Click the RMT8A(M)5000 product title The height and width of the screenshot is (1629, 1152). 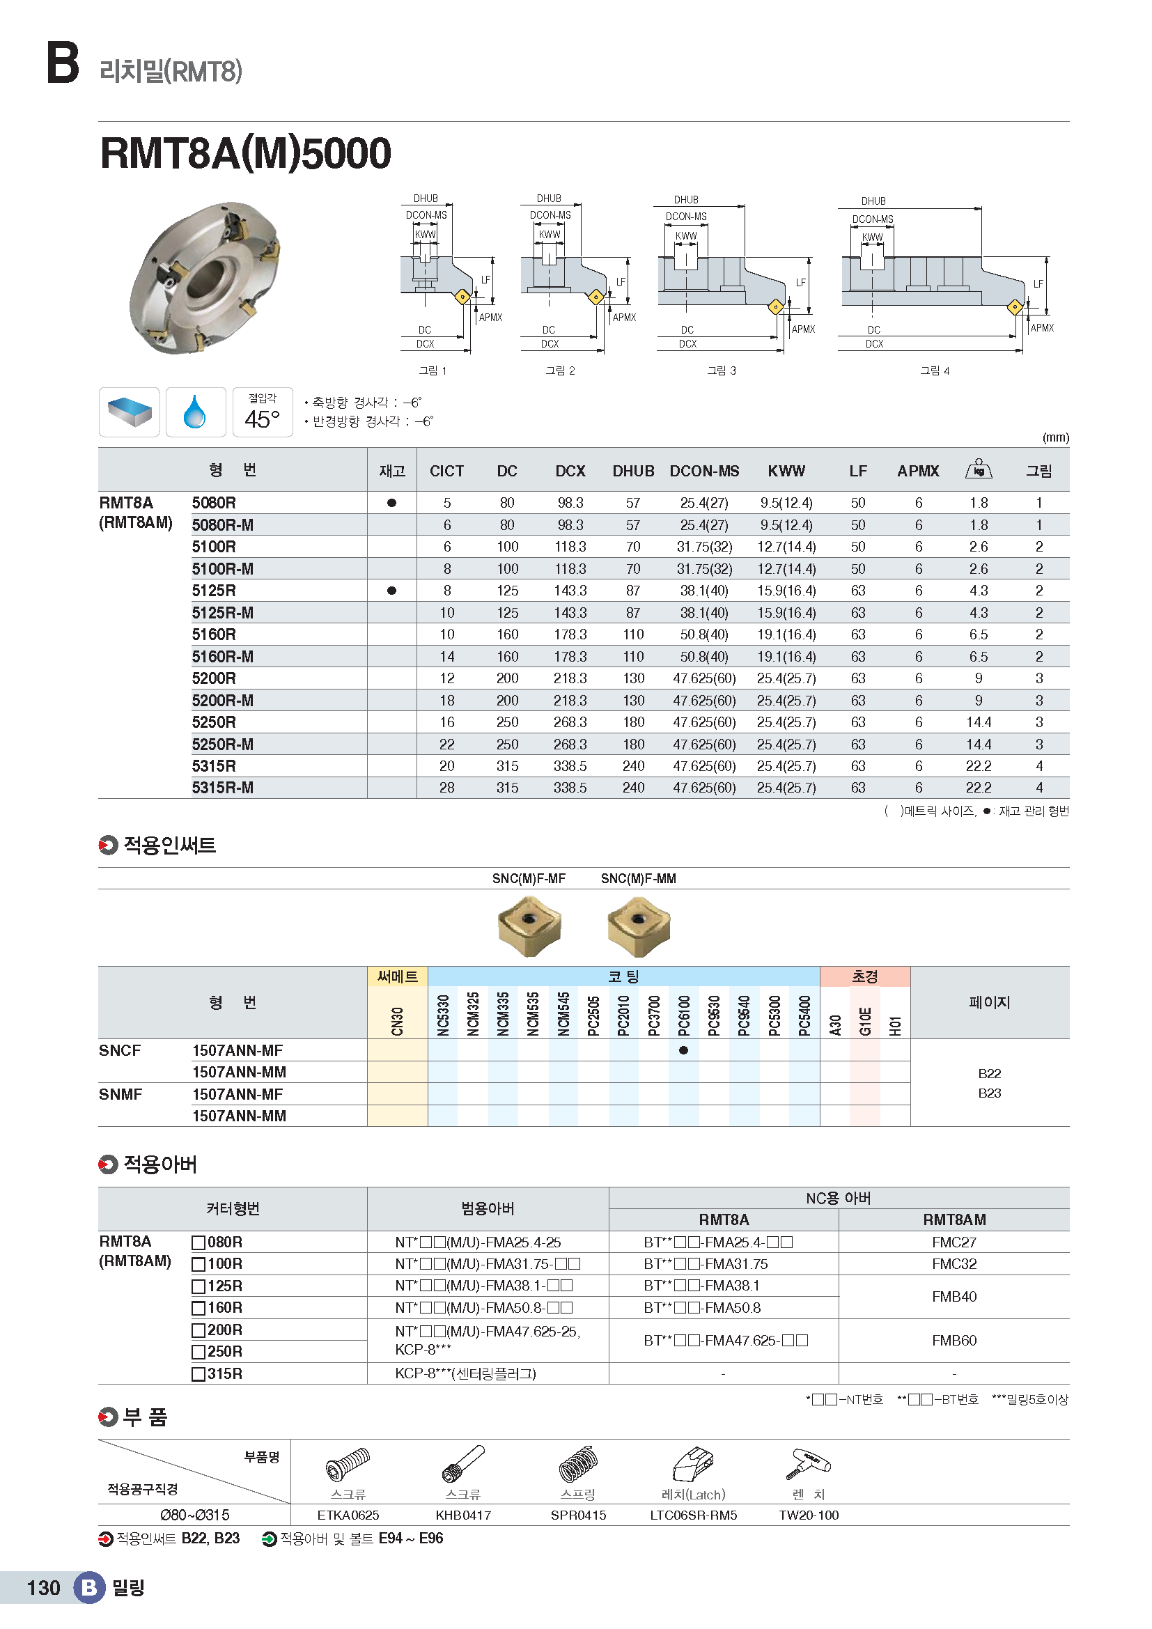point(245,153)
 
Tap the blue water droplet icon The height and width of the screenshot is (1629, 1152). point(195,412)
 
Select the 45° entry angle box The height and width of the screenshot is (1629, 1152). point(263,412)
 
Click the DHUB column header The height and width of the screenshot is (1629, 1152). point(632,471)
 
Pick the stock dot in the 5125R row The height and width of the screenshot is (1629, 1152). point(391,591)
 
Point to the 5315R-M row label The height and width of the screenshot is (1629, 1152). point(223,788)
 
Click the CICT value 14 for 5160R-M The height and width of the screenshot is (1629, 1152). point(447,656)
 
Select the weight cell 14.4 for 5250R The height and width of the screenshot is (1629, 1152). point(978,722)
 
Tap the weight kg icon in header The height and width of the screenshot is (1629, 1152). point(978,469)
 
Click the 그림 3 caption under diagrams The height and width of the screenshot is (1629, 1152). point(722,371)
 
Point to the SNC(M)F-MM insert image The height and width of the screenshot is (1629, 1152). point(639,925)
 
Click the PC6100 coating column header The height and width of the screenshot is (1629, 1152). point(684,1015)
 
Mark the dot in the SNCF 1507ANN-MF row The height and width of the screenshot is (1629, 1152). point(683,1050)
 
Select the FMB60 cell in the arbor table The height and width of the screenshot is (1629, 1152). point(953,1340)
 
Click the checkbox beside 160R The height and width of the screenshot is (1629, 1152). point(199,1309)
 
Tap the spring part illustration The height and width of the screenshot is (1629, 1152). point(578,1464)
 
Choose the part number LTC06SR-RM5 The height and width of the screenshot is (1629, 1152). point(693,1515)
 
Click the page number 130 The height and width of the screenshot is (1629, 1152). point(43,1587)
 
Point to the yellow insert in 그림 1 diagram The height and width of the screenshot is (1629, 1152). point(462,296)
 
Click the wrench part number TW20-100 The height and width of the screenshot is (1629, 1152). point(808,1515)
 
